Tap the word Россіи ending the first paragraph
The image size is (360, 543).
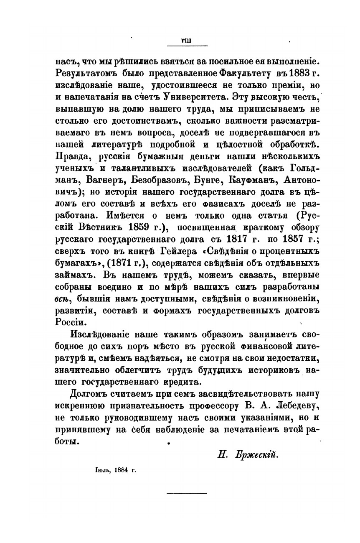(71, 323)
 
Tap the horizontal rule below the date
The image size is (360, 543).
(180, 494)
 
